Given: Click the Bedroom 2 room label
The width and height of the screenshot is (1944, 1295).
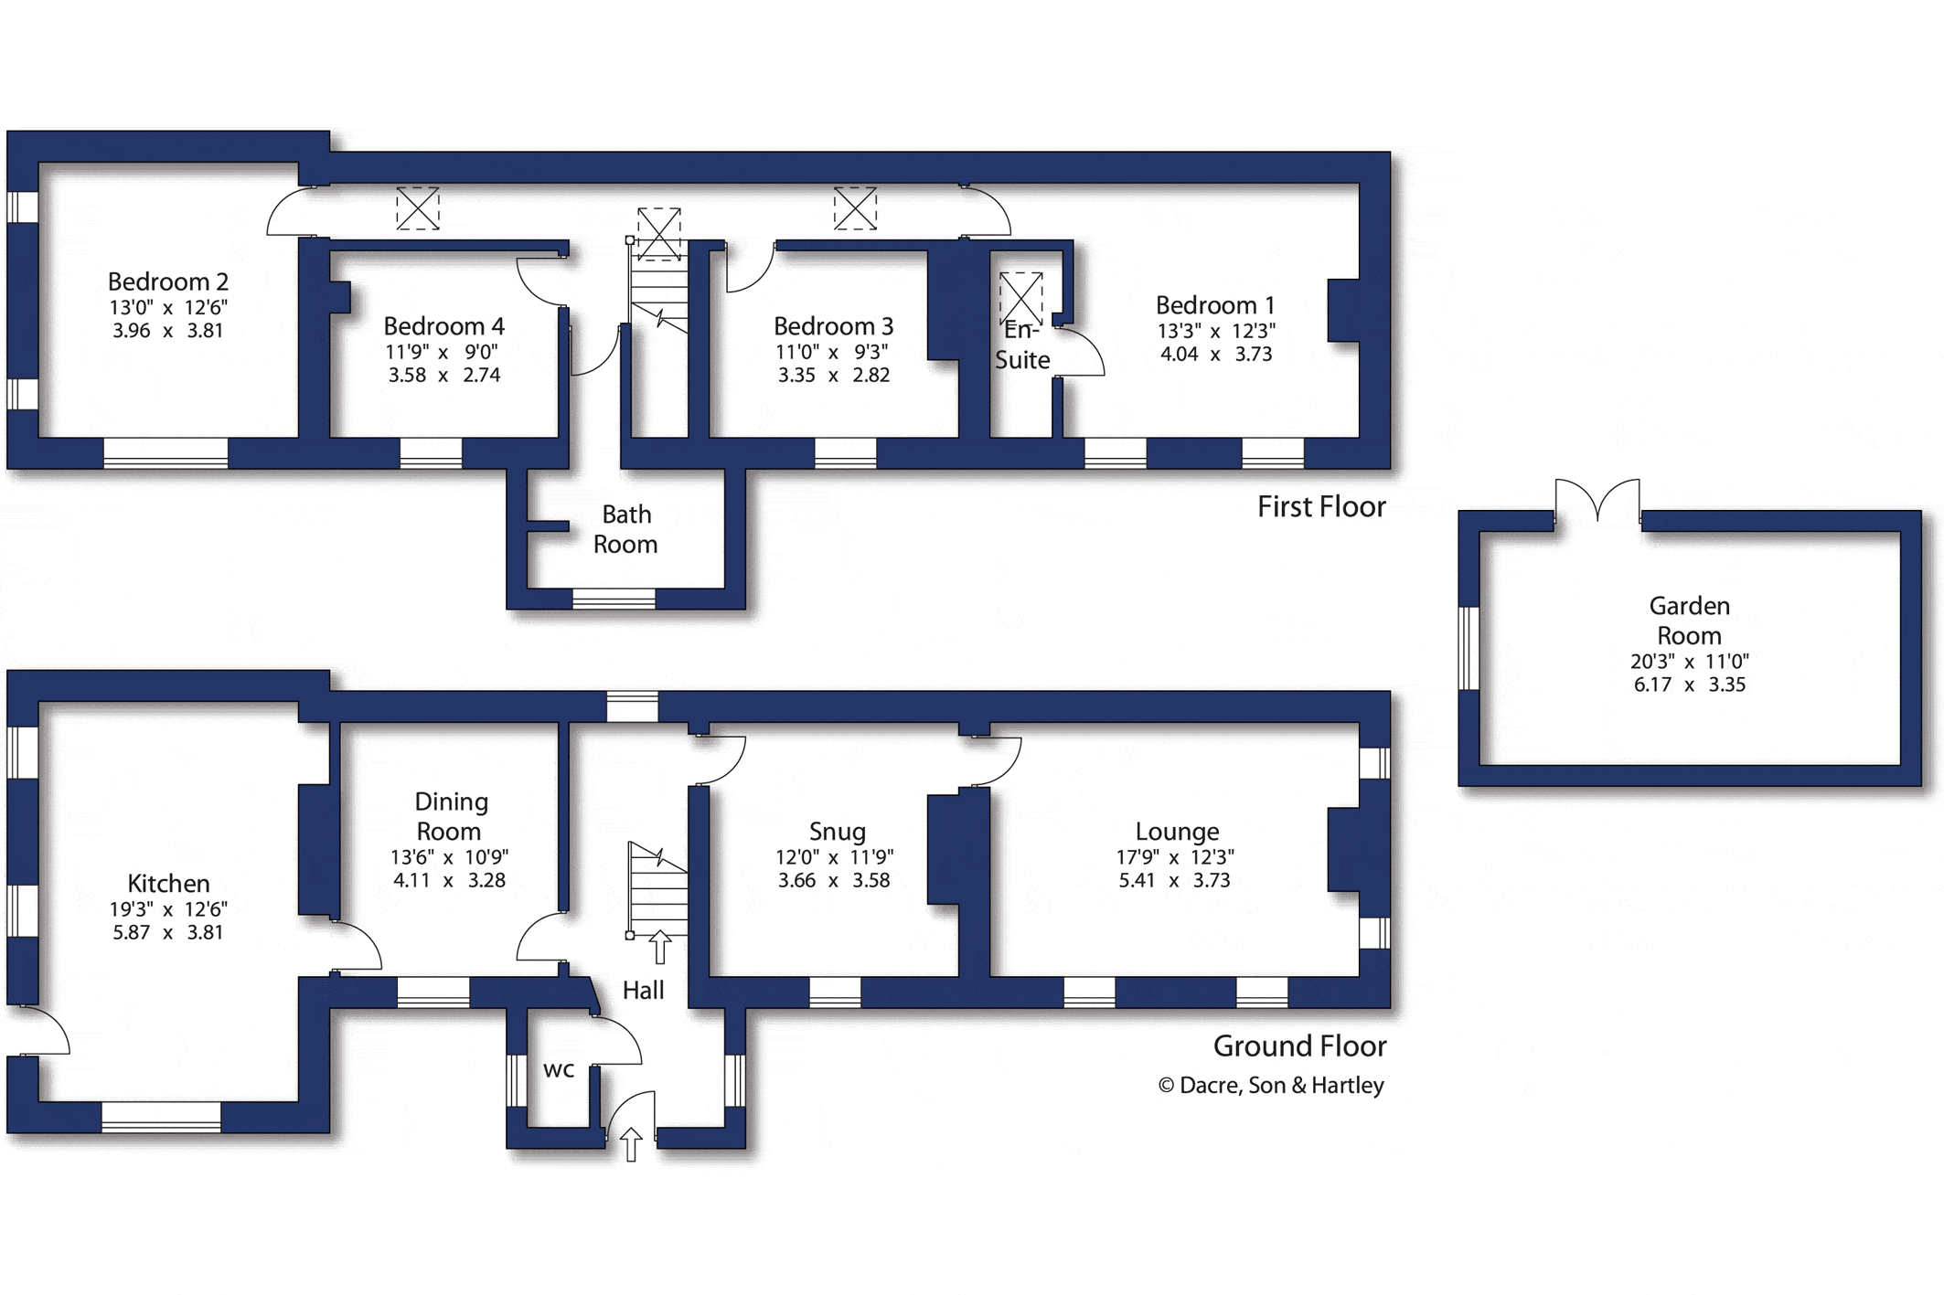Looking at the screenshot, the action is click(168, 281).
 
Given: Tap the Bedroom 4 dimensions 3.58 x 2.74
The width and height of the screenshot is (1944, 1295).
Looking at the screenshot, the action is click(444, 375).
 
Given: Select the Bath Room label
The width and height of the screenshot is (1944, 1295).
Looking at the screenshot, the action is click(625, 529).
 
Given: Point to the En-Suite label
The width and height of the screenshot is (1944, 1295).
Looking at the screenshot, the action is click(1022, 345).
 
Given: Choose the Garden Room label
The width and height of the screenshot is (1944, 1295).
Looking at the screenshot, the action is click(1689, 621).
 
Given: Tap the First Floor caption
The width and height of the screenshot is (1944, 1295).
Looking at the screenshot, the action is click(1321, 506).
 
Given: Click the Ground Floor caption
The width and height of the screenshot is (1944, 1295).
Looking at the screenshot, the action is click(1299, 1046).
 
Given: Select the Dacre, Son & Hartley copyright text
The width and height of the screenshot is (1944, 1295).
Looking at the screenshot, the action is click(1271, 1085).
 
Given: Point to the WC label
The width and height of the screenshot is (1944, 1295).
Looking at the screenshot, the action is click(559, 1069).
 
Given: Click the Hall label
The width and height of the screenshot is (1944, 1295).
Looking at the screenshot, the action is click(643, 990).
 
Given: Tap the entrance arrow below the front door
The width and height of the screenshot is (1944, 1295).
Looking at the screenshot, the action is click(631, 1144).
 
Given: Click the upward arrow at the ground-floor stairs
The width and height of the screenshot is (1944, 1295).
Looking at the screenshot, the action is click(659, 947).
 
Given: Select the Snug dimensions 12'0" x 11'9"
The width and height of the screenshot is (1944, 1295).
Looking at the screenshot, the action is click(834, 857).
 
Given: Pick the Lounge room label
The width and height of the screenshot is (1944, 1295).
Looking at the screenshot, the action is click(1177, 832).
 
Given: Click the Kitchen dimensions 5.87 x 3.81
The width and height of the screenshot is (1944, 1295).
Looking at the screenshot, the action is click(168, 932).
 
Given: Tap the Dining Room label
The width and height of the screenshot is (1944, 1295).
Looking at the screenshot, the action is click(449, 816).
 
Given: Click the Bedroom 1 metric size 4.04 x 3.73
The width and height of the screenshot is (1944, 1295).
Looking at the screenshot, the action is click(1216, 354).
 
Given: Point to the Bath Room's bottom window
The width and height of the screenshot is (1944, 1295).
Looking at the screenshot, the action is click(614, 600).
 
